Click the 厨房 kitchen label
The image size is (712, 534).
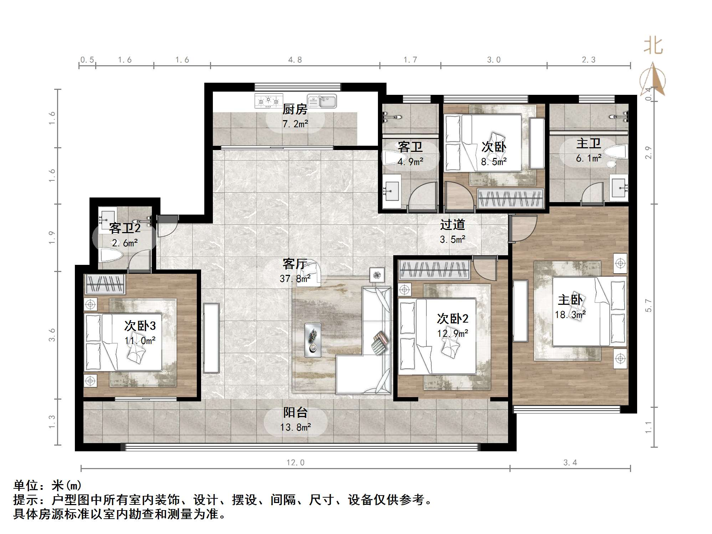pyautogui.click(x=295, y=109)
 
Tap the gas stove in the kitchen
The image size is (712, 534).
pyautogui.click(x=268, y=101)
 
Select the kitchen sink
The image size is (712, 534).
pyautogui.click(x=322, y=101)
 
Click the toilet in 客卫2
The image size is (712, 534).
pyautogui.click(x=111, y=255)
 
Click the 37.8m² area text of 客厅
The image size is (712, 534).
pyautogui.click(x=295, y=278)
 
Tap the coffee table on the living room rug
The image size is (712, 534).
pyautogui.click(x=313, y=340)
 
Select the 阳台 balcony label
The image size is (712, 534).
pyautogui.click(x=295, y=412)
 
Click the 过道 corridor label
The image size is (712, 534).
pyautogui.click(x=452, y=225)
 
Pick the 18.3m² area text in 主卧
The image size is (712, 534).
pyautogui.click(x=570, y=315)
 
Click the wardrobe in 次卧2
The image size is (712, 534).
pyautogui.click(x=434, y=269)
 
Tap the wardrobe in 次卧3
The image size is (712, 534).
pyautogui.click(x=104, y=284)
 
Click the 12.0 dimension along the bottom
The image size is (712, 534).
pyautogui.click(x=296, y=463)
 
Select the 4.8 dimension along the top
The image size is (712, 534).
pyautogui.click(x=295, y=60)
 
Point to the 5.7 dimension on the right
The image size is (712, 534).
pyautogui.click(x=648, y=305)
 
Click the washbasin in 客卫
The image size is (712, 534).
pyautogui.click(x=392, y=191)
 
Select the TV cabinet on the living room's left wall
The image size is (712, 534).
pyautogui.click(x=211, y=338)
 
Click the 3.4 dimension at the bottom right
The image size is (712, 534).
pyautogui.click(x=570, y=463)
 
